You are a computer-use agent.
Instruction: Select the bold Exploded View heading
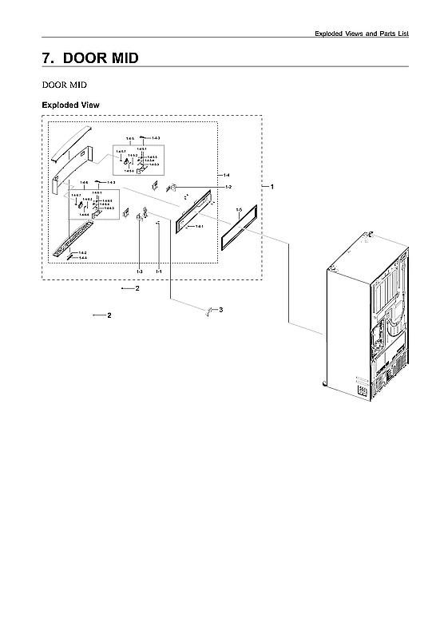point(70,105)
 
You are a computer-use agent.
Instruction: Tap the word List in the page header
point(402,33)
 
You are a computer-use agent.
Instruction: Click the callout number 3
point(220,310)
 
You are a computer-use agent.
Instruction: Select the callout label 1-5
point(239,208)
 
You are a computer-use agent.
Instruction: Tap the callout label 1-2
point(228,187)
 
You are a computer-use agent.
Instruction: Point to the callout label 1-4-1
point(199,226)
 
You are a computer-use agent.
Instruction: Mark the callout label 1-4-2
point(83,252)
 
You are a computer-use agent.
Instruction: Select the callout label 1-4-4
point(83,258)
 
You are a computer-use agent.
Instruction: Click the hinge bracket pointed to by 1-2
point(171,188)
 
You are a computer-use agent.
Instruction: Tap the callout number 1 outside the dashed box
point(272,187)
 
